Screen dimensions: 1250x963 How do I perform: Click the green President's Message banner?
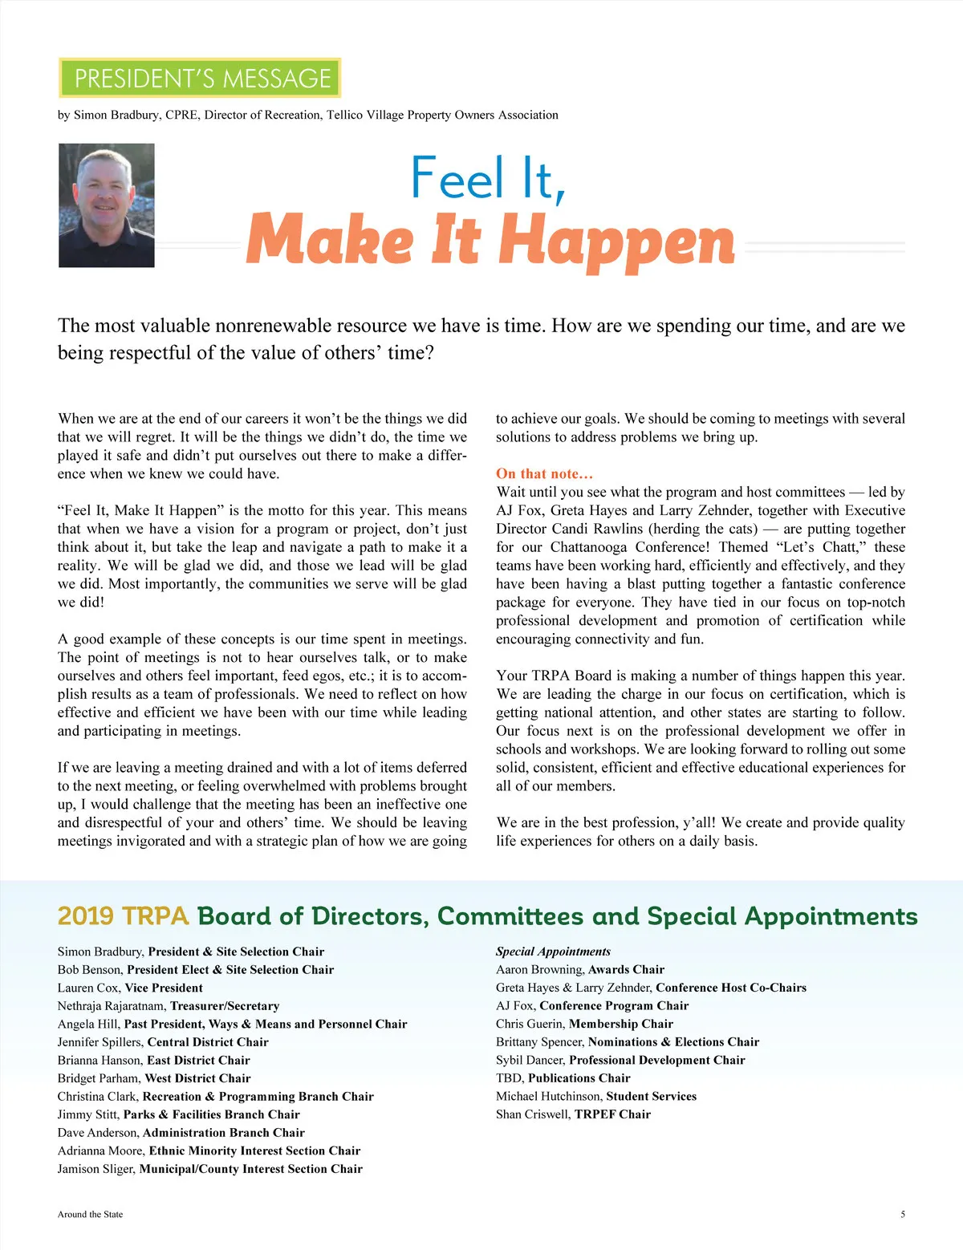pos(200,78)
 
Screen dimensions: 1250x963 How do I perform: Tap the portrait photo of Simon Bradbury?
pos(106,205)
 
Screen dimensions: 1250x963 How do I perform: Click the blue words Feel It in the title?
pos(487,178)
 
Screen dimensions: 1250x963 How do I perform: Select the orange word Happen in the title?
pos(617,241)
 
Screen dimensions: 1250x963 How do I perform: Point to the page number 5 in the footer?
pos(903,1214)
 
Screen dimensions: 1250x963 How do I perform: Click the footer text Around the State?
pos(90,1214)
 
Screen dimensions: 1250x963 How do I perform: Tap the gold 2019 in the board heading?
pos(86,916)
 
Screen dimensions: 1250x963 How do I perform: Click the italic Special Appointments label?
pos(553,952)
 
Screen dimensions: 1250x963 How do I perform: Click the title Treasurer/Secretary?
pos(225,1006)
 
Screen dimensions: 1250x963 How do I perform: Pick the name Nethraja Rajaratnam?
pos(112,1006)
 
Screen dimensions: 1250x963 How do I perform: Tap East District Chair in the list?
pos(198,1060)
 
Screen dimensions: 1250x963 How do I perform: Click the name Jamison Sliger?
pos(96,1169)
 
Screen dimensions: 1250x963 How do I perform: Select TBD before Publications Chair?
pos(509,1078)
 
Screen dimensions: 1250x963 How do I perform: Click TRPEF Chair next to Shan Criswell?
pos(612,1114)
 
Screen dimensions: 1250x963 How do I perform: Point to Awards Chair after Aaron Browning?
pos(626,969)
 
